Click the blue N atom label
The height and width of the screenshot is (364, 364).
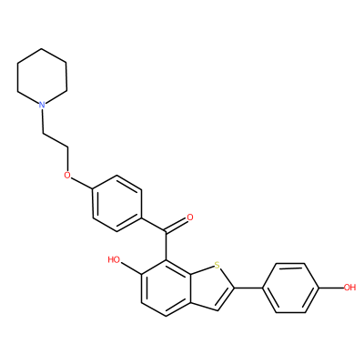coord(42,105)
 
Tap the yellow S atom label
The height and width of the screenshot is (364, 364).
coord(217,265)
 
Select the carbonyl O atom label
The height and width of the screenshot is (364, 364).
coord(190,217)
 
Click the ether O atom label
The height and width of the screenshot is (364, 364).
coord(67,175)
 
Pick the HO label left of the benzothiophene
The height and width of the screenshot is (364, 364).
coord(114,259)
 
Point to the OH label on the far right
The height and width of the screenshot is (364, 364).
coord(349,287)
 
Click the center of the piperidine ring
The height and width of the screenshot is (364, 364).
coord(42,77)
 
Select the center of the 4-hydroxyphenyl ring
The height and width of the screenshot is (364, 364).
coord(290,288)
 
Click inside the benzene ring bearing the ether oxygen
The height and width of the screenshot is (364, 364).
coord(117,203)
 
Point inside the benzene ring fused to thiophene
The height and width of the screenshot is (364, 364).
coord(166,288)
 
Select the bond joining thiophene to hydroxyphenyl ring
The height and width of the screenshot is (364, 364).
coord(248,288)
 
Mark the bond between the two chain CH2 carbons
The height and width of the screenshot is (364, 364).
coord(56,141)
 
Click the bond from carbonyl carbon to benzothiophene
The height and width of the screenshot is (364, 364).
coord(166,246)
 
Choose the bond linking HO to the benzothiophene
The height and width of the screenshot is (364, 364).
coord(131,268)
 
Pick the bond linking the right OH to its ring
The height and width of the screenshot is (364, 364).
coord(330,288)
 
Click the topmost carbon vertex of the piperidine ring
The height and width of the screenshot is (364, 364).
coord(42,48)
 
